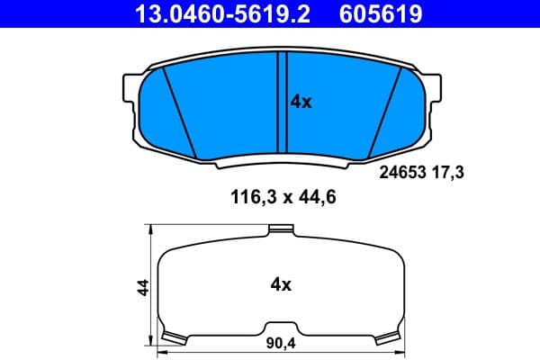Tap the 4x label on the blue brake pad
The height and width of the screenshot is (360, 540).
(301, 103)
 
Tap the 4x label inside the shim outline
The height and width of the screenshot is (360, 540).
(281, 285)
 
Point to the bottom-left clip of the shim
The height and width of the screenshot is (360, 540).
(172, 337)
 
